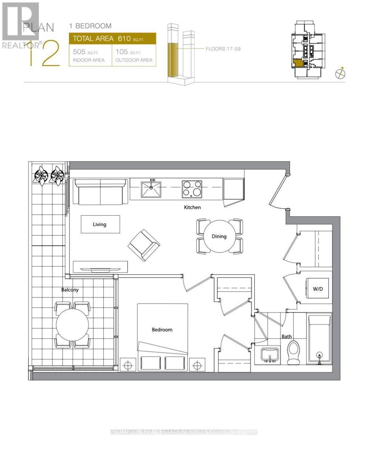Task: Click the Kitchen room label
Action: (192, 207)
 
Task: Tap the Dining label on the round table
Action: (219, 236)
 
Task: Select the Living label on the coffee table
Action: (100, 224)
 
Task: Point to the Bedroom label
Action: (162, 330)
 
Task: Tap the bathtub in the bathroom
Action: (320, 338)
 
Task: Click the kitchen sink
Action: (151, 189)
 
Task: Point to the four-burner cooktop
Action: (192, 189)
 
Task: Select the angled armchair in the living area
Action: (144, 245)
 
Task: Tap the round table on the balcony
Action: (72, 325)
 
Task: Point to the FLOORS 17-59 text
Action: (223, 49)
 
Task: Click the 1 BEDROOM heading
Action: (90, 26)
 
